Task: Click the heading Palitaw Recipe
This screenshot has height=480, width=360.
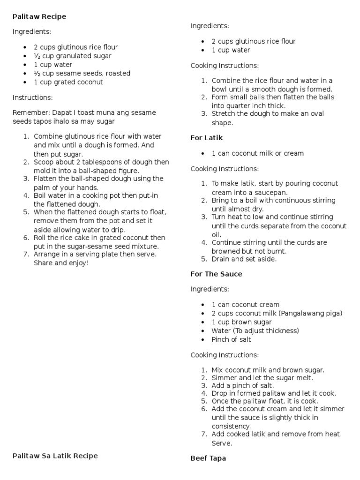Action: click(39, 16)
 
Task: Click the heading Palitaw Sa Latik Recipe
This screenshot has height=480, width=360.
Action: click(55, 455)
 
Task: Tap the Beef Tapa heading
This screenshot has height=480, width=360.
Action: click(208, 458)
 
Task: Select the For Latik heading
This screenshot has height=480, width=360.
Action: click(206, 138)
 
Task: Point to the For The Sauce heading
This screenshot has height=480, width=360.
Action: click(216, 274)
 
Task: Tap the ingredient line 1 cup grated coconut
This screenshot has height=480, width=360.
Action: click(68, 82)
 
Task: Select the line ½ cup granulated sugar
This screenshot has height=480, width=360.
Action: click(72, 56)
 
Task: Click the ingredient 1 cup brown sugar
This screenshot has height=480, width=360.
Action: click(241, 322)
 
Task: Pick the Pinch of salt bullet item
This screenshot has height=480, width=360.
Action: click(231, 339)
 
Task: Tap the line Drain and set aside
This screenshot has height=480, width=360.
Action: click(244, 259)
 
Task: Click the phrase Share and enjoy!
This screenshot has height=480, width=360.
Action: click(61, 262)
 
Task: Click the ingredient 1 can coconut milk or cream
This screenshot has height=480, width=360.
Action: click(257, 153)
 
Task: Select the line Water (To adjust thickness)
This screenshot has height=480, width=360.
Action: click(255, 330)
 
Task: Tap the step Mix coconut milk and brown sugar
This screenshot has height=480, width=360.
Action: click(268, 370)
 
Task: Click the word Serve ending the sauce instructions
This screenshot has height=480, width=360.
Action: click(222, 443)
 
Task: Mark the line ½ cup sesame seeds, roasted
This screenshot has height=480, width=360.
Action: click(82, 73)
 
